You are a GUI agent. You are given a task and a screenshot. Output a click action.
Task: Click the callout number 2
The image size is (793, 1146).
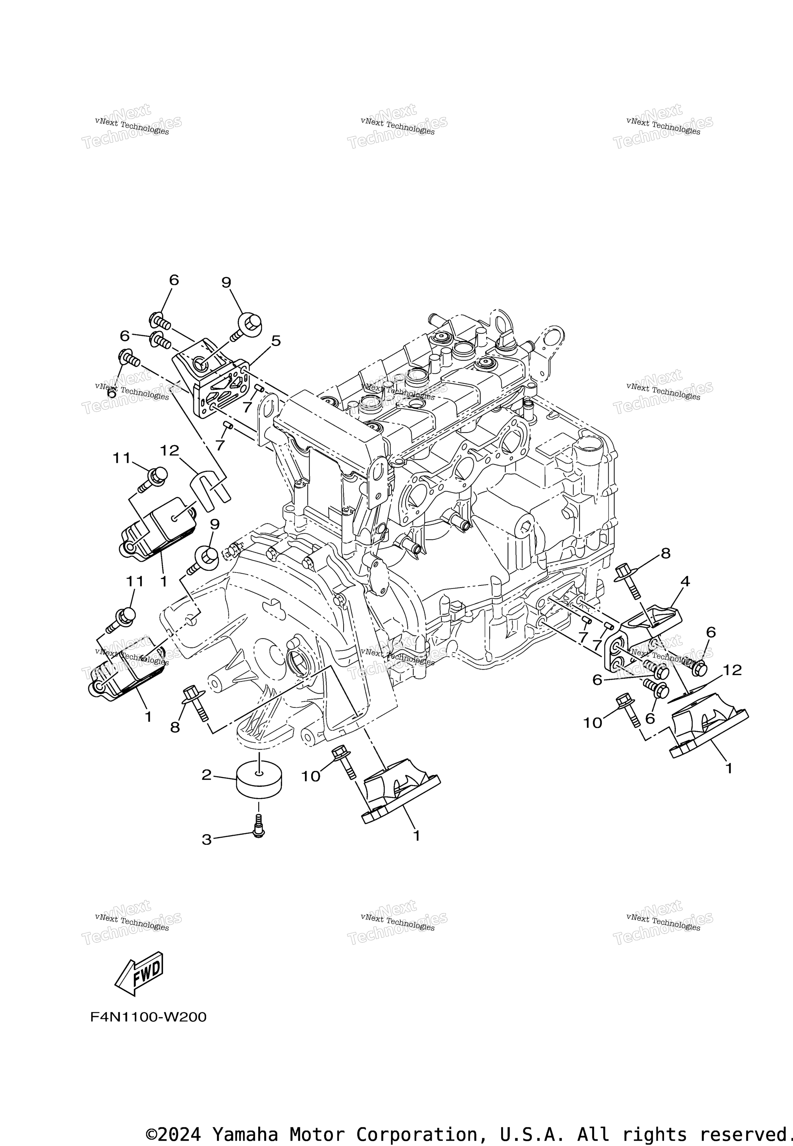(207, 775)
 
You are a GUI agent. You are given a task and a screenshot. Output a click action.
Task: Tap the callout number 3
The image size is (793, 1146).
(207, 840)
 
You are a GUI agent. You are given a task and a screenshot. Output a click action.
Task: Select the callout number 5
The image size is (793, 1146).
(276, 341)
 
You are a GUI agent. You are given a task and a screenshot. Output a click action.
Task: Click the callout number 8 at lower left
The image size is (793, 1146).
(175, 727)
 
